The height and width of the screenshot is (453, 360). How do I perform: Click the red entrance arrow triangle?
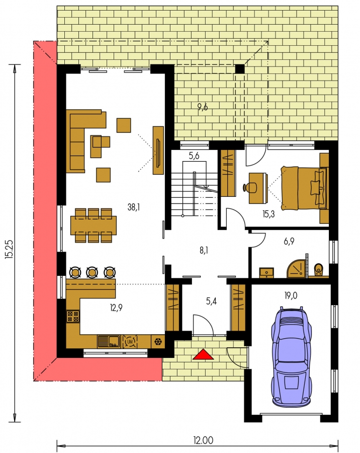pos(203,354)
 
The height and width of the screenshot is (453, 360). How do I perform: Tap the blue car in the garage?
pos(291,357)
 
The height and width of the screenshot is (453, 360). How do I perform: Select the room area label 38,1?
pos(134,207)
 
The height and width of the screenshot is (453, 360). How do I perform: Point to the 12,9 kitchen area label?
pos(116,308)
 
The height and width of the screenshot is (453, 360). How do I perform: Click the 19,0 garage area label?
pos(291,295)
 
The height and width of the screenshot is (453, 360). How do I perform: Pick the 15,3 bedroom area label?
pos(268,214)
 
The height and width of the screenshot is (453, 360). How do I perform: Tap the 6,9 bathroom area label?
pos(289,241)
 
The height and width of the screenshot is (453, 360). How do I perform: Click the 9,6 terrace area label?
pos(203,107)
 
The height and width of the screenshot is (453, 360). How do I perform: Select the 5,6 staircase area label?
pos(194,156)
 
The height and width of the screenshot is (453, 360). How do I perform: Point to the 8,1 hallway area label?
pos(204,251)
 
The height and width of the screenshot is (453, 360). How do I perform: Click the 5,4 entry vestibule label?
pos(211,301)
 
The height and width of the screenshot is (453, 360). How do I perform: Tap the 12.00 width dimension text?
pos(203,440)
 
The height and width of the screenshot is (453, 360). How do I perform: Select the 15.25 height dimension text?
pos(9,249)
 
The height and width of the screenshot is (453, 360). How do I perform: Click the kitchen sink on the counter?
pos(109,341)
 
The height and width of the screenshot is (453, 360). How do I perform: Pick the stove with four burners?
pos(73,316)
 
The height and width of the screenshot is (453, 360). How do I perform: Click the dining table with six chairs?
pos(94,225)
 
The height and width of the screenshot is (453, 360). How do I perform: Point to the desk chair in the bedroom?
pos(249,188)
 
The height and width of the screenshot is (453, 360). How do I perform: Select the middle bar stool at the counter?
pos(92,272)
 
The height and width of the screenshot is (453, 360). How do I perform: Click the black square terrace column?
pos(240,69)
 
